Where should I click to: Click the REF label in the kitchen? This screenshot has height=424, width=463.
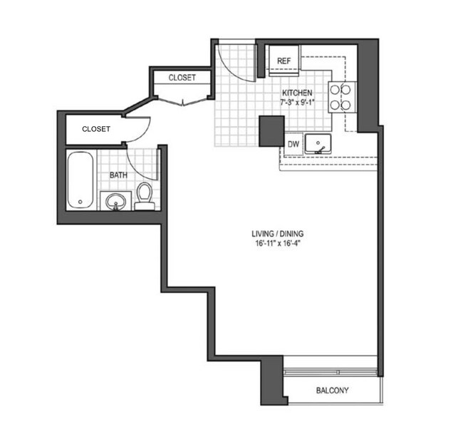pos(282,61)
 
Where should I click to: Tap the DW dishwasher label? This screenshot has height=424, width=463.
pos(293,144)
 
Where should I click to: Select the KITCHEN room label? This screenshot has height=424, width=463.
pos(296,93)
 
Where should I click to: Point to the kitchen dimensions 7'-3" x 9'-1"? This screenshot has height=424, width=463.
pos(297,103)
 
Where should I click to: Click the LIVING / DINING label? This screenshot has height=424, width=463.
pos(279,234)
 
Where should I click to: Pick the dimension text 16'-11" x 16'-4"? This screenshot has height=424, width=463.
pos(279,244)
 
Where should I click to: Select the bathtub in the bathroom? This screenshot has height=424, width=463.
pos(80,181)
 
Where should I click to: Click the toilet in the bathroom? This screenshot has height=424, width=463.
pos(145,195)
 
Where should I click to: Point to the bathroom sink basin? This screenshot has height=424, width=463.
pos(115,204)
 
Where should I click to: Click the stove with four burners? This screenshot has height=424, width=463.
pos(341,96)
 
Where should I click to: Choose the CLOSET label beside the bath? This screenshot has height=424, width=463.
pos(95,129)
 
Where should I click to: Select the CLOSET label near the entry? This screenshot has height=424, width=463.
pos(182,78)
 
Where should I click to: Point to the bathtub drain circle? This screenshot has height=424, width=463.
pos(80,202)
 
